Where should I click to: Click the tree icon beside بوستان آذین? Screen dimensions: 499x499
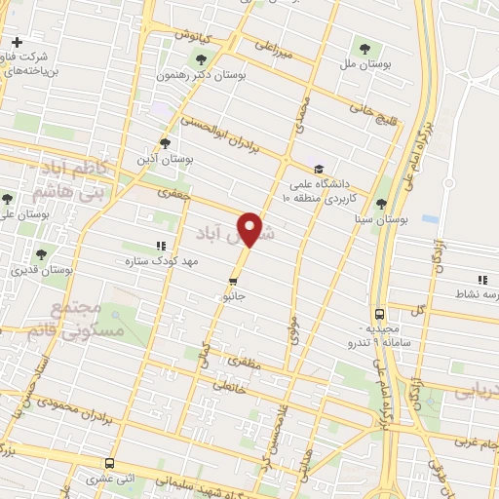(164, 142)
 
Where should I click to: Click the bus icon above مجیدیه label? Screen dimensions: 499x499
(379, 314)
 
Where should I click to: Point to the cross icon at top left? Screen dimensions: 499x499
(17, 42)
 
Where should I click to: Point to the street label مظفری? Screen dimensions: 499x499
(246, 363)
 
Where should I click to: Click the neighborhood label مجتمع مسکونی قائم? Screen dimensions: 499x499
(74, 323)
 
